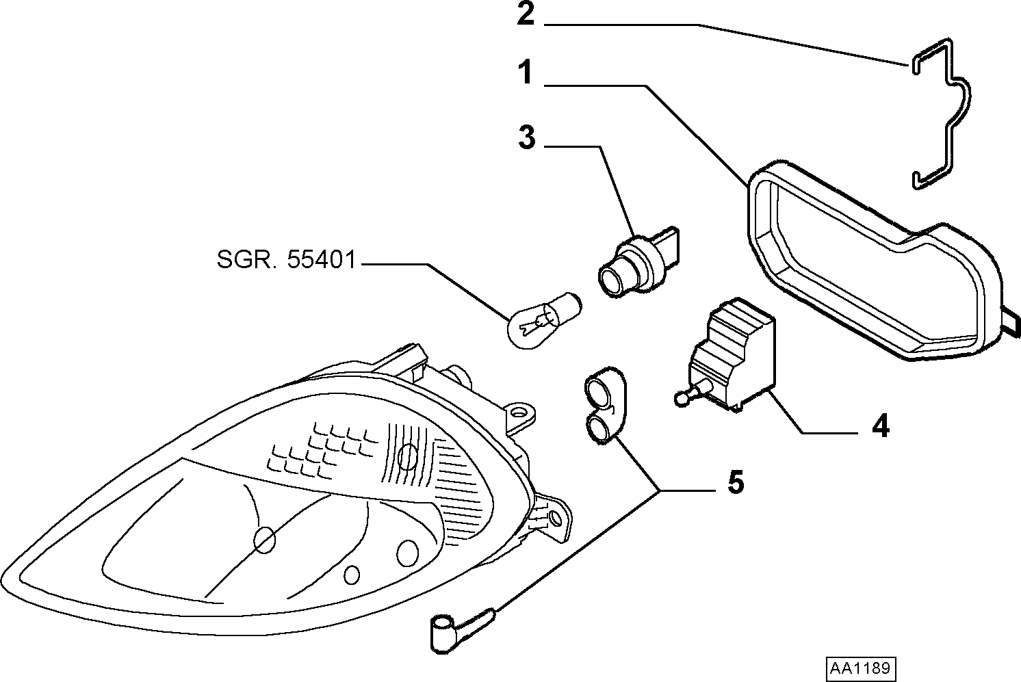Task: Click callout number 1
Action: (x=525, y=73)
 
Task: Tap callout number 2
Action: (x=526, y=14)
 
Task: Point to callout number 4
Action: (x=880, y=426)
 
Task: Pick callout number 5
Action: (x=736, y=482)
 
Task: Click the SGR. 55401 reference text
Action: (x=286, y=260)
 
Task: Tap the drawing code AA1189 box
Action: (x=861, y=668)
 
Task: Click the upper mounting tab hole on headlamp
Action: (x=517, y=412)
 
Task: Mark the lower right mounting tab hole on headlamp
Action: (x=555, y=518)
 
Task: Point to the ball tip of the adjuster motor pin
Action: (x=680, y=399)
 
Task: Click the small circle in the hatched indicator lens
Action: (x=407, y=456)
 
